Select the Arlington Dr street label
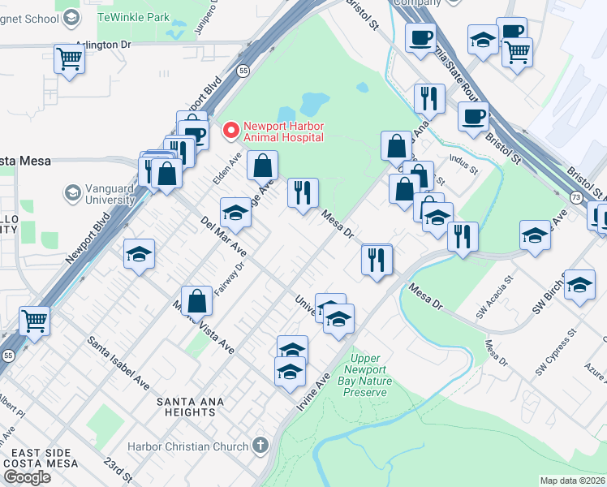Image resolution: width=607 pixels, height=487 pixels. [x=102, y=46]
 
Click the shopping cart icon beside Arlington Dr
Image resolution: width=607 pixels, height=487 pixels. [x=70, y=58]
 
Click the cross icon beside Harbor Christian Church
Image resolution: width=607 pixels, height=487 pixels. [x=260, y=445]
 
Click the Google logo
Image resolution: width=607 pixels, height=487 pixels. [x=26, y=477]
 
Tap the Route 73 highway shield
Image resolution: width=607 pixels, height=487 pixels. [x=575, y=197]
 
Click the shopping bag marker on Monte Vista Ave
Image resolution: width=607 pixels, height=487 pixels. [x=197, y=300]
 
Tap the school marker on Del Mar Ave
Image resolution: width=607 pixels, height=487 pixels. [x=235, y=213]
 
